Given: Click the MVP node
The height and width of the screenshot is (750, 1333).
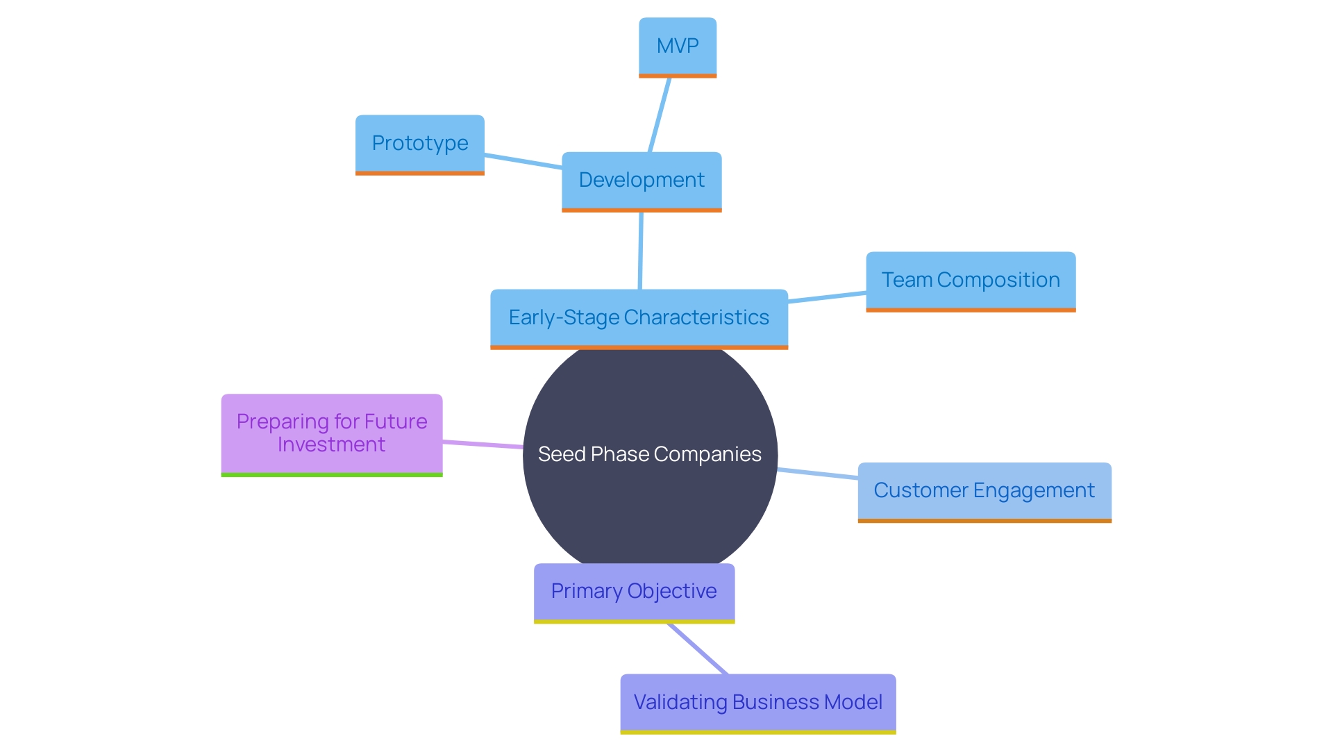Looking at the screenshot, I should pyautogui.click(x=678, y=46).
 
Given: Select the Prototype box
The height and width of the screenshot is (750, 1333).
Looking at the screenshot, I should pyautogui.click(x=420, y=144).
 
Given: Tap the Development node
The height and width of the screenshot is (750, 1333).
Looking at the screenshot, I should pyautogui.click(x=642, y=180).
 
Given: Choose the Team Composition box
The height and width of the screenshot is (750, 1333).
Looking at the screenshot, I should pyautogui.click(x=971, y=280).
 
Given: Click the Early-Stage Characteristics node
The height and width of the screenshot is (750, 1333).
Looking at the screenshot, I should pyautogui.click(x=639, y=317).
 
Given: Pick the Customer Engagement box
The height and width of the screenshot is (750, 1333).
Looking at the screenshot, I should pyautogui.click(x=984, y=490).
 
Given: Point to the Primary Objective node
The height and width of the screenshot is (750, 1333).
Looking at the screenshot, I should pyautogui.click(x=634, y=591).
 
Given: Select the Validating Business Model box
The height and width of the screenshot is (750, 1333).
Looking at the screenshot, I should pyautogui.click(x=758, y=702).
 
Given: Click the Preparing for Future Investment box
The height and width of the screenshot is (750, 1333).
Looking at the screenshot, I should pyautogui.click(x=332, y=433).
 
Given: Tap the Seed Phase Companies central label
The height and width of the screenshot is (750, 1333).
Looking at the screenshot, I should pyautogui.click(x=650, y=454).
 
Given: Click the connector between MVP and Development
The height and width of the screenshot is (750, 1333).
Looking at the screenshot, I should pyautogui.click(x=660, y=115).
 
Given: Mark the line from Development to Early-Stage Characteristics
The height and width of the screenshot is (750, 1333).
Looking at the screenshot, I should pyautogui.click(x=640, y=250).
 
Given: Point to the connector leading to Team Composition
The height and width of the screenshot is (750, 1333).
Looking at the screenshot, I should pyautogui.click(x=827, y=297).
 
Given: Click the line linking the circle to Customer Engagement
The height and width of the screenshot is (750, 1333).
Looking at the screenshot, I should pyautogui.click(x=818, y=474).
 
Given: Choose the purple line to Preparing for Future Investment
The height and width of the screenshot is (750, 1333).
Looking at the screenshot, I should pyautogui.click(x=483, y=444).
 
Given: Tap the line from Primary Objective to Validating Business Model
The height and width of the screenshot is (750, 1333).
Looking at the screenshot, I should pyautogui.click(x=698, y=649).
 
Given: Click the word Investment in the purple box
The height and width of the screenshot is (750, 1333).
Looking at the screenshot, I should pyautogui.click(x=331, y=444).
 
